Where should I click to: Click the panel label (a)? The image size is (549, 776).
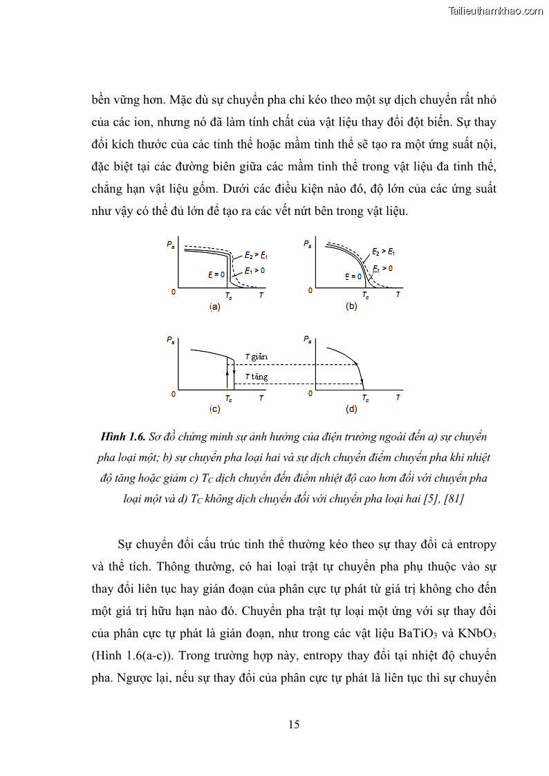(x=214, y=307)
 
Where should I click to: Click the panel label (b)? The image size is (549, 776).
(x=351, y=306)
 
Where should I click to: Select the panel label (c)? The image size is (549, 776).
(x=214, y=409)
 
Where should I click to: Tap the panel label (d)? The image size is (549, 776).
(x=351, y=409)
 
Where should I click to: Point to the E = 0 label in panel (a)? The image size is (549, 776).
(x=216, y=274)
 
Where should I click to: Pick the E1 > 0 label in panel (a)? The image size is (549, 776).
(x=254, y=271)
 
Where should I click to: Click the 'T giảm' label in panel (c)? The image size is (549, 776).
(x=255, y=357)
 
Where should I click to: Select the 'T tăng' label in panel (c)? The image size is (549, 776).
(x=255, y=377)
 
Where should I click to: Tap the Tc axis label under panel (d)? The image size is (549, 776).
(x=365, y=398)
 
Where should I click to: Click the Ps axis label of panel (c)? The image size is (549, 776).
(x=170, y=339)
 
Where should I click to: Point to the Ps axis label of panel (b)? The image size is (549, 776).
(x=307, y=243)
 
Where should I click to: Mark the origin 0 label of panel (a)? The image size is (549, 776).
(x=174, y=292)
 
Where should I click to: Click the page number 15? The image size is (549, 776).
(x=294, y=724)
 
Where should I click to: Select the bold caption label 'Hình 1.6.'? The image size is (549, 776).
(x=122, y=437)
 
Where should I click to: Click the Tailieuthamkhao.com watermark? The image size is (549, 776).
(x=496, y=10)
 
